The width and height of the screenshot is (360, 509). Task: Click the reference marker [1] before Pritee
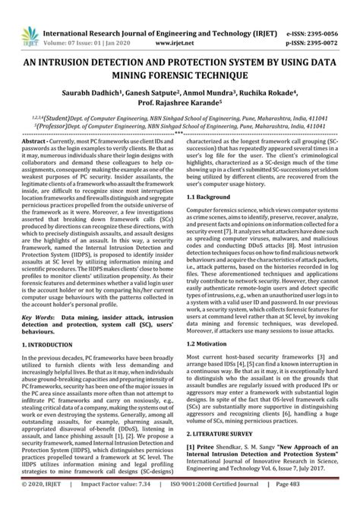(x=191, y=466)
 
